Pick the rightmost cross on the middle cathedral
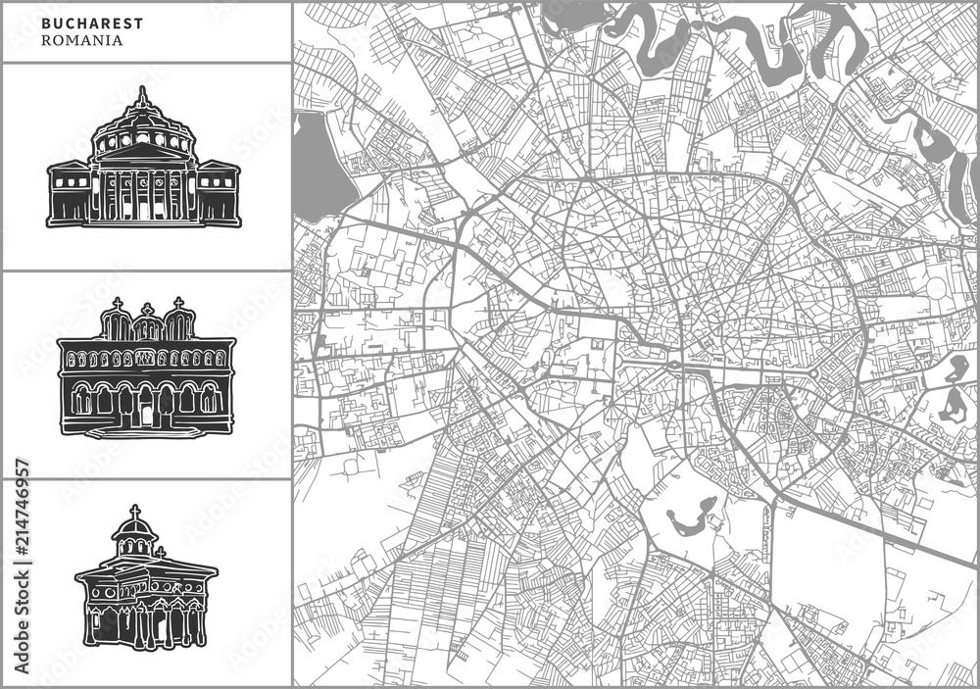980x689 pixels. pos(178,304)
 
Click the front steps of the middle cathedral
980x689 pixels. pos(146,430)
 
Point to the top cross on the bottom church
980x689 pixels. pos(135,513)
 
